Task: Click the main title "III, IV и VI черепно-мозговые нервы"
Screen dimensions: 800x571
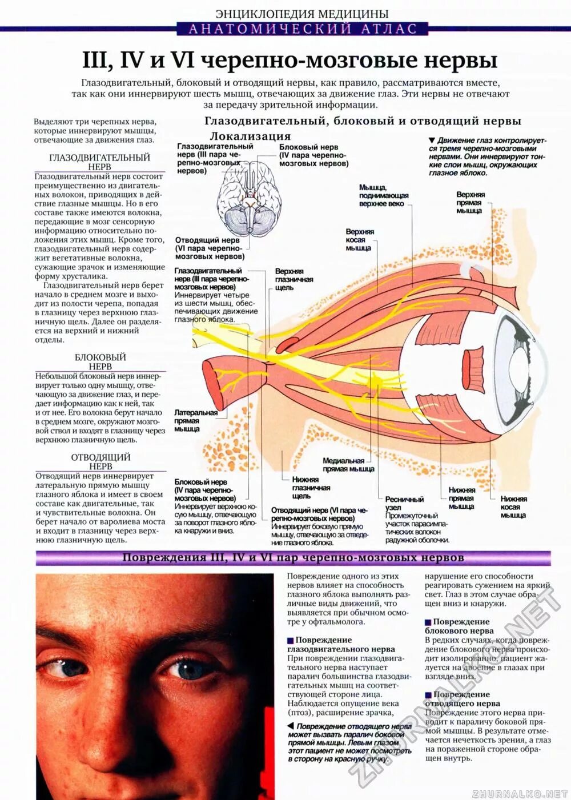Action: point(289,61)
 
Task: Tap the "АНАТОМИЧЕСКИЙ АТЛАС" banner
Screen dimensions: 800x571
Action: point(303,29)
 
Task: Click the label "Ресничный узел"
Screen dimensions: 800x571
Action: point(404,503)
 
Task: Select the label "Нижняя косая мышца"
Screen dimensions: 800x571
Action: point(513,507)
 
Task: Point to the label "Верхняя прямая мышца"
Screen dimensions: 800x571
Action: point(470,203)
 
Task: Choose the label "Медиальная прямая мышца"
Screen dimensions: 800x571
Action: point(348,465)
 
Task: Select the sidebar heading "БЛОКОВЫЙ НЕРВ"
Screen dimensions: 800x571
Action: point(100,361)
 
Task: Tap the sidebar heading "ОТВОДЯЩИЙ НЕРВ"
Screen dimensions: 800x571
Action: point(100,461)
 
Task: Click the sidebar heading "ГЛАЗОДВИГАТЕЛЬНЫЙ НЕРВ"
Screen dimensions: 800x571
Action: point(100,162)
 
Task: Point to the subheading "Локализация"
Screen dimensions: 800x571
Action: point(250,136)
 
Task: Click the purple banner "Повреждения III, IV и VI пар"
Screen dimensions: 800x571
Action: point(293,558)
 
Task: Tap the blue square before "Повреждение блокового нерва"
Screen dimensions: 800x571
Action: point(428,622)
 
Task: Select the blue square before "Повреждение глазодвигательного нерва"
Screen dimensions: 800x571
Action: point(291,641)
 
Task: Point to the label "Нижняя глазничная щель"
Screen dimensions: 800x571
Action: point(311,488)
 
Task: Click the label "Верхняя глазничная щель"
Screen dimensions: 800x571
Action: point(293,279)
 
